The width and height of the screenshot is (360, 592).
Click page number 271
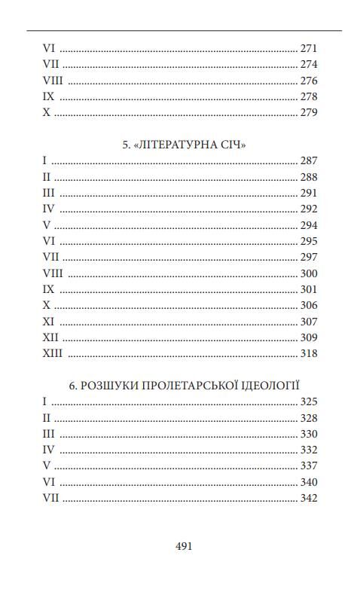click(x=309, y=47)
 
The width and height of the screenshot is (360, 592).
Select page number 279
click(x=309, y=113)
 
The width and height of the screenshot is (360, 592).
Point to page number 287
click(x=309, y=161)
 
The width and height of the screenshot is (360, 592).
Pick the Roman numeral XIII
click(x=53, y=353)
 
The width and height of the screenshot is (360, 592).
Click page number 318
click(x=309, y=353)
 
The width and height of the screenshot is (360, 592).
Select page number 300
click(x=309, y=273)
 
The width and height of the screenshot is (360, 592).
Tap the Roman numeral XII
click(x=50, y=337)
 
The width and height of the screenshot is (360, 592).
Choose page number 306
click(x=309, y=305)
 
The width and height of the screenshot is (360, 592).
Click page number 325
click(x=309, y=402)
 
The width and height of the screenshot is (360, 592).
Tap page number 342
click(x=309, y=498)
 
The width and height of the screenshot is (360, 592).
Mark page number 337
click(x=309, y=465)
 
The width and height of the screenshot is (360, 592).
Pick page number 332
click(x=309, y=450)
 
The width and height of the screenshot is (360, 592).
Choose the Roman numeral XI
click(x=49, y=321)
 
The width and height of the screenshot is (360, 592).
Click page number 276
click(x=309, y=81)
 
